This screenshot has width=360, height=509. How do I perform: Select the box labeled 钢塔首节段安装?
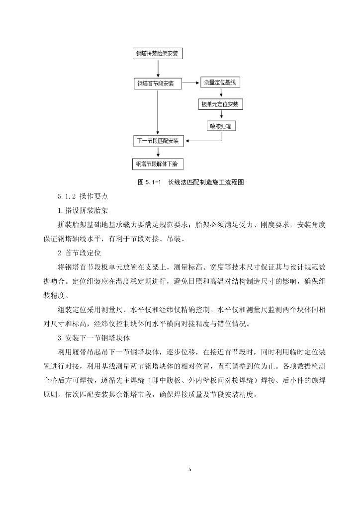[x=158, y=84]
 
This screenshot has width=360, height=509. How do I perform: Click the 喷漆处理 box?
[x=222, y=126]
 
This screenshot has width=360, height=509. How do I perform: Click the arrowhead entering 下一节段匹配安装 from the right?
[x=188, y=141]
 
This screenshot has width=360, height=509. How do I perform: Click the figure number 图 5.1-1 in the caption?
[x=148, y=182]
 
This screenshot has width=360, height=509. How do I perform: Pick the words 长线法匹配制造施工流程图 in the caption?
[x=206, y=182]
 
